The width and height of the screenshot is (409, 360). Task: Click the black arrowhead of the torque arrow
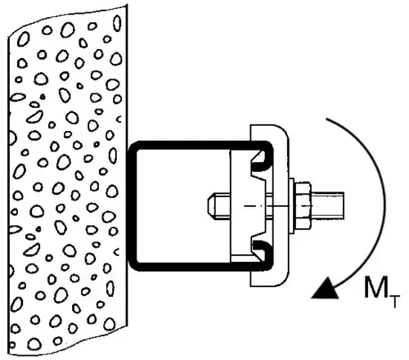pos(326,290)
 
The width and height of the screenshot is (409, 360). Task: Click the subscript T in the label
pos(395,301)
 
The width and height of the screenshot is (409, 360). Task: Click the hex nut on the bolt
pos(303,205)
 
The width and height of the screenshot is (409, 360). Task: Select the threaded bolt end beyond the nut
pos(328,205)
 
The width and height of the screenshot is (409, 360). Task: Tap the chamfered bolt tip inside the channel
pos(211,205)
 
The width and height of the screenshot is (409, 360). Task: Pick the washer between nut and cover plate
pos(292,206)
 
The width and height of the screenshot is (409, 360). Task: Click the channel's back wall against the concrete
pos(132,206)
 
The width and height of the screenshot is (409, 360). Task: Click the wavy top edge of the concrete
pos(67,17)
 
